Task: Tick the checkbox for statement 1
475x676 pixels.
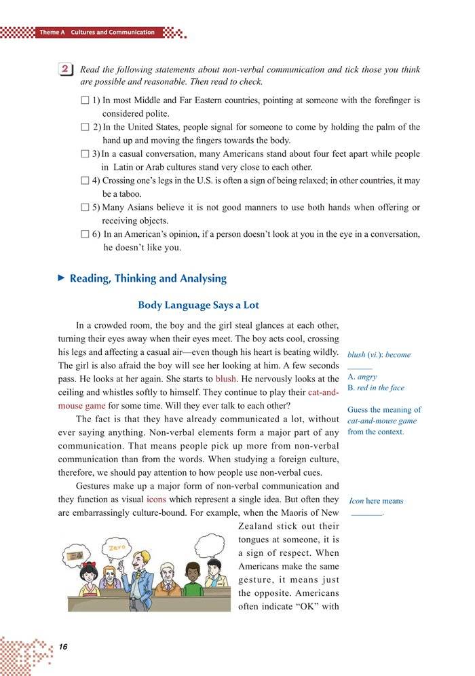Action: click(x=84, y=100)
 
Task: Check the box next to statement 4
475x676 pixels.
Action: click(x=84, y=181)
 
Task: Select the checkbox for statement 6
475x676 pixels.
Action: click(x=84, y=235)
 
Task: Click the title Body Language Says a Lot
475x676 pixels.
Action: click(x=198, y=305)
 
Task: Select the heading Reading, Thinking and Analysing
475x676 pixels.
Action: click(x=148, y=278)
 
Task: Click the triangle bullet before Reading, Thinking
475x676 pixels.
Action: click(x=61, y=278)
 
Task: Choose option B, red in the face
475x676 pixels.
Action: click(x=375, y=388)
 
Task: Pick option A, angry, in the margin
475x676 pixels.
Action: click(x=362, y=377)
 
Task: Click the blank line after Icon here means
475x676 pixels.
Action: click(x=367, y=514)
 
